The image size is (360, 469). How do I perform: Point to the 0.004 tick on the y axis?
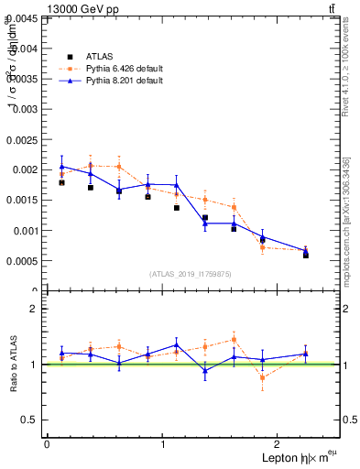coord(25,48)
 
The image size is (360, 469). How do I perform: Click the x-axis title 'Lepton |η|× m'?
coord(293,457)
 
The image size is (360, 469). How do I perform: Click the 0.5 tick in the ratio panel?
coord(31,420)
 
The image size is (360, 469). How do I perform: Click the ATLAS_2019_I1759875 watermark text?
coord(191,274)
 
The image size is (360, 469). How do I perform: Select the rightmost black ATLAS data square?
coord(306,255)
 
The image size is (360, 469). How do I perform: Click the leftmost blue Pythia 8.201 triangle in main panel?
coord(61,167)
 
